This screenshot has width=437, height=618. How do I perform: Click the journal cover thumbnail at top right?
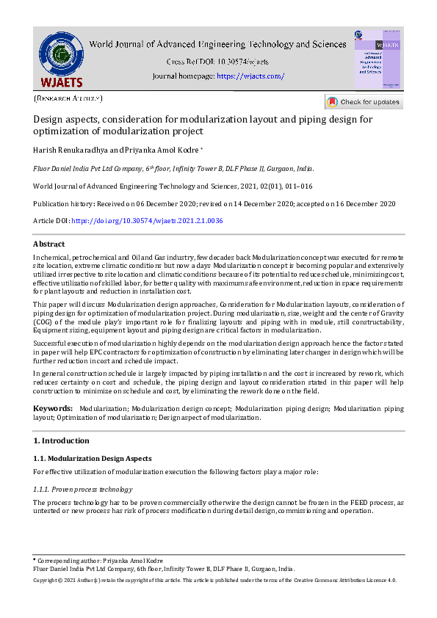pos(378,59)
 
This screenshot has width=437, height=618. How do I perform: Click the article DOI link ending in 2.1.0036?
pos(147,221)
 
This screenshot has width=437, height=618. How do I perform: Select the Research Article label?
pos(68,98)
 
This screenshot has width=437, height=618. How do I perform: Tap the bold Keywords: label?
pos(53,407)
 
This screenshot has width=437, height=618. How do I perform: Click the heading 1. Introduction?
pos(62,440)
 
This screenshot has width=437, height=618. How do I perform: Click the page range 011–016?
pos(297,186)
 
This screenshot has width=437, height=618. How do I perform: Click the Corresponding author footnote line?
pos(100,561)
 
